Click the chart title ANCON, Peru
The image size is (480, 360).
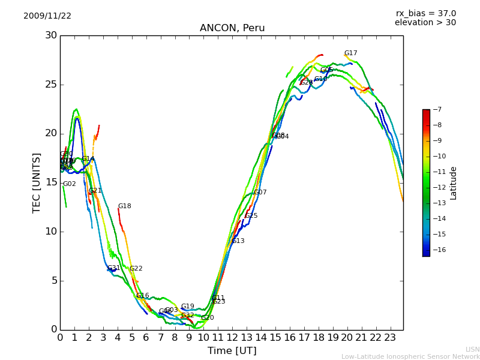(x=232, y=28)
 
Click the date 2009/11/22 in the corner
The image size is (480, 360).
(x=47, y=16)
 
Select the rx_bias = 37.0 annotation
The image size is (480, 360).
(x=425, y=14)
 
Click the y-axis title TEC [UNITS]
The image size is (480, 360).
(x=37, y=182)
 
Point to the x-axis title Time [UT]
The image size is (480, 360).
(x=232, y=350)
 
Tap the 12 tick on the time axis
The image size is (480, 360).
(x=232, y=337)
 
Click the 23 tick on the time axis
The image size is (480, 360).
(x=390, y=337)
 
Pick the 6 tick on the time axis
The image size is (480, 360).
(x=146, y=337)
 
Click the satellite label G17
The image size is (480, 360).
(x=350, y=53)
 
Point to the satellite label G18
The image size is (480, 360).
(x=124, y=206)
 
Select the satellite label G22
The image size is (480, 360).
(x=136, y=269)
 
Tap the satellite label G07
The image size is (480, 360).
(x=260, y=193)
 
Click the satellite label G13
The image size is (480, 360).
(x=238, y=241)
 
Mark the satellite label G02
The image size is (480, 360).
(x=70, y=184)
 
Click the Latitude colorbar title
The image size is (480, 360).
(x=454, y=183)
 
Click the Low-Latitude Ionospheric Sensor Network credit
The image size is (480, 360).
(x=410, y=357)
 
